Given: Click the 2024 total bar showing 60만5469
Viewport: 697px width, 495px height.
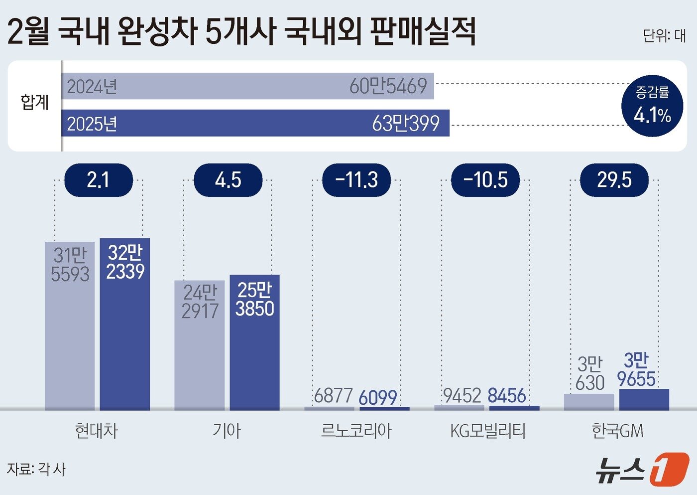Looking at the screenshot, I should [247, 86].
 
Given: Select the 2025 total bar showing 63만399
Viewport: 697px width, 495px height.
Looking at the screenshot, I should [255, 123].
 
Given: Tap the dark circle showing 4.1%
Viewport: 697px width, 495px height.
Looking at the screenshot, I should [652, 106].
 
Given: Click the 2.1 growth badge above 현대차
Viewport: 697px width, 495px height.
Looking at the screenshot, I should [99, 180].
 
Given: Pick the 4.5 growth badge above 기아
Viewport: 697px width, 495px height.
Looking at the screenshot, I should [228, 180].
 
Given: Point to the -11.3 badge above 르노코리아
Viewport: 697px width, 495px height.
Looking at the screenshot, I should [356, 180].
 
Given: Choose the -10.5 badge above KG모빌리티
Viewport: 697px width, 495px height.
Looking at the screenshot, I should [485, 180].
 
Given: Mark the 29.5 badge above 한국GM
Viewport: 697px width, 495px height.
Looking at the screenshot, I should [614, 180].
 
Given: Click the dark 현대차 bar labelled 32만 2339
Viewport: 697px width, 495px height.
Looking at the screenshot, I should [125, 324].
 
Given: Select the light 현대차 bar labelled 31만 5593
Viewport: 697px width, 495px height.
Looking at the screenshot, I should [70, 327].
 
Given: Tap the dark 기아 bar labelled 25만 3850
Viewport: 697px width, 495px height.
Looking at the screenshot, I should [254, 344].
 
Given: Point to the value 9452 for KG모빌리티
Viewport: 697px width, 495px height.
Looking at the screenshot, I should [462, 396].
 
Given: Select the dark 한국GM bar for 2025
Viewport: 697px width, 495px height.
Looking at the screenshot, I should [644, 400].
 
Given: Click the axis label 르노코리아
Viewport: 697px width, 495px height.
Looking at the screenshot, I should [356, 431].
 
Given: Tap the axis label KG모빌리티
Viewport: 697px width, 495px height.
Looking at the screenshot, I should [487, 431].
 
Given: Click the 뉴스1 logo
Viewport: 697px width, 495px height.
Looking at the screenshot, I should [642, 469].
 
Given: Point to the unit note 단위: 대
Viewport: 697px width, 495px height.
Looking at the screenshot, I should [664, 36].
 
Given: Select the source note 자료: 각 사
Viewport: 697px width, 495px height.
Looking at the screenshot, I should [36, 469].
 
